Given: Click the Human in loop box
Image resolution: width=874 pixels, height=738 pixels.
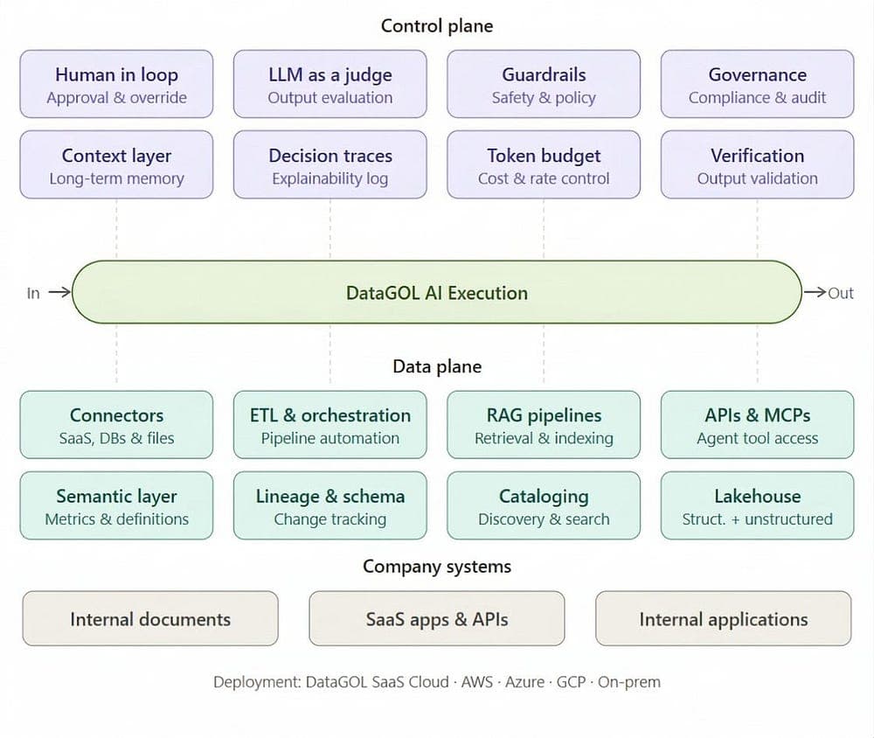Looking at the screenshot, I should tap(116, 85).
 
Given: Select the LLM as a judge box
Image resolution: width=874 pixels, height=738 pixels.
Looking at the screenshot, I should tap(329, 85).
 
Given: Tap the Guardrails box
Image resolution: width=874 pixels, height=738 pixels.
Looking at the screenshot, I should tap(544, 85).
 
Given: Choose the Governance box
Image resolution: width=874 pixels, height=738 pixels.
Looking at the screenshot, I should tap(757, 85).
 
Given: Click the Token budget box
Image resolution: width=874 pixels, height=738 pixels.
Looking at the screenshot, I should tap(544, 165).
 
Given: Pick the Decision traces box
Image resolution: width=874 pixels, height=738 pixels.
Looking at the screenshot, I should tap(329, 165).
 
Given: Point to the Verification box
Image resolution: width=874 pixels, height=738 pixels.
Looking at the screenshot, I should tap(757, 165).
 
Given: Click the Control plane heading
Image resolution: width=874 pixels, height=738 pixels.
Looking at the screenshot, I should tap(436, 26).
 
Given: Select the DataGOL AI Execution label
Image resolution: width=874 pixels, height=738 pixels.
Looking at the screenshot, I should tap(436, 293).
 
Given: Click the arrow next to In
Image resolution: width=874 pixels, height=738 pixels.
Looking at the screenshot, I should tap(59, 293).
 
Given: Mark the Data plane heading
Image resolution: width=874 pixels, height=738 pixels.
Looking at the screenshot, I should tap(436, 366).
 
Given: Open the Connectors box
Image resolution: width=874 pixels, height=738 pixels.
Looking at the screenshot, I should tap(116, 425).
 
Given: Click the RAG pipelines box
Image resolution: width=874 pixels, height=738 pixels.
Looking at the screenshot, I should tap(544, 425).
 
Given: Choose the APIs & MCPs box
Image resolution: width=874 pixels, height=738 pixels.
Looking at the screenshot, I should tap(757, 425).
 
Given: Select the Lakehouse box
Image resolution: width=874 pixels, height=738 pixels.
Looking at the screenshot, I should tap(757, 506).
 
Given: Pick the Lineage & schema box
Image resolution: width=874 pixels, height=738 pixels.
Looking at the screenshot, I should tap(329, 506).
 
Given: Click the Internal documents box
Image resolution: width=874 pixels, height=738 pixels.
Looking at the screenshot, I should tap(150, 619).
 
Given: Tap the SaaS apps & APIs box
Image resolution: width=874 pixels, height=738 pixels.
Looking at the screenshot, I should tap(436, 619).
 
